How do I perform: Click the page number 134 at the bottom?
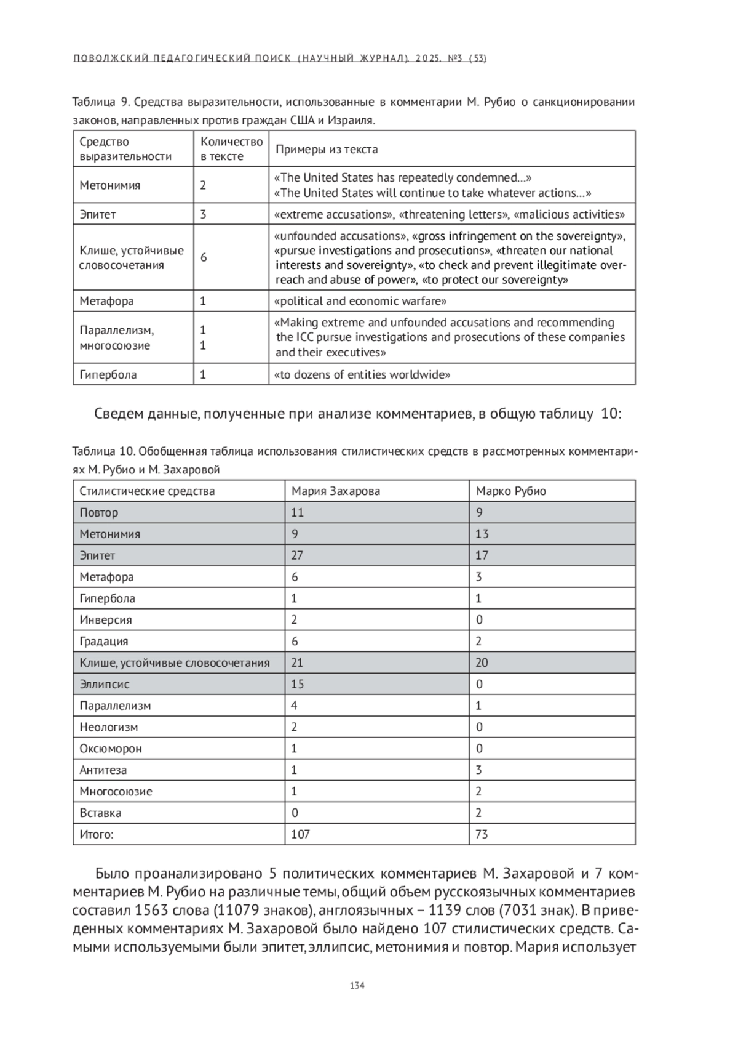pos(357,985)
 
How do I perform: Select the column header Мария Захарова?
pos(336,491)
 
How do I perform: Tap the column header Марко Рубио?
pos(511,491)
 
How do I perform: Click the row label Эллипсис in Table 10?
pos(105,684)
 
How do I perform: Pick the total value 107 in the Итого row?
pos(301,834)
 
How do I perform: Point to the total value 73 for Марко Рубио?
pos(482,834)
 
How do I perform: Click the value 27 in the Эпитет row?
pos(297,555)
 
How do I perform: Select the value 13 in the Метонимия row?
pos(482,534)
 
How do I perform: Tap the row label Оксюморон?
pos(111,749)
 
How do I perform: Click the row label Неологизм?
pos(109,727)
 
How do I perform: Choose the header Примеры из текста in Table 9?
pos(327,149)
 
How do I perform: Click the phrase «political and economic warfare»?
pos(360,301)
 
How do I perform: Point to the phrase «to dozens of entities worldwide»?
pos(362,374)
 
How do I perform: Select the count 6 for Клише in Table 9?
pos(204,257)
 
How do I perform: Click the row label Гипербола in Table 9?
pos(108,374)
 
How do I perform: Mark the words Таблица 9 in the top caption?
pos(98,102)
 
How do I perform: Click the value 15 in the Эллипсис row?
pos(298,684)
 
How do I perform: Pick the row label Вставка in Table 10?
pos(100,813)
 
